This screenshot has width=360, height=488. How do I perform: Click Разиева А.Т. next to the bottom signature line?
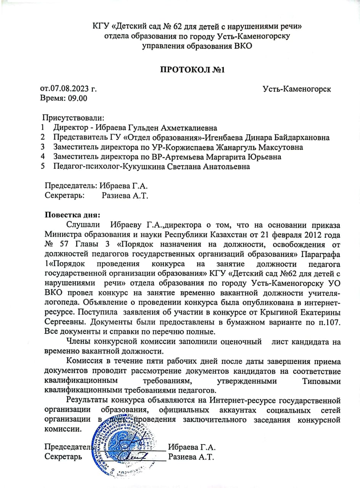[191, 457]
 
